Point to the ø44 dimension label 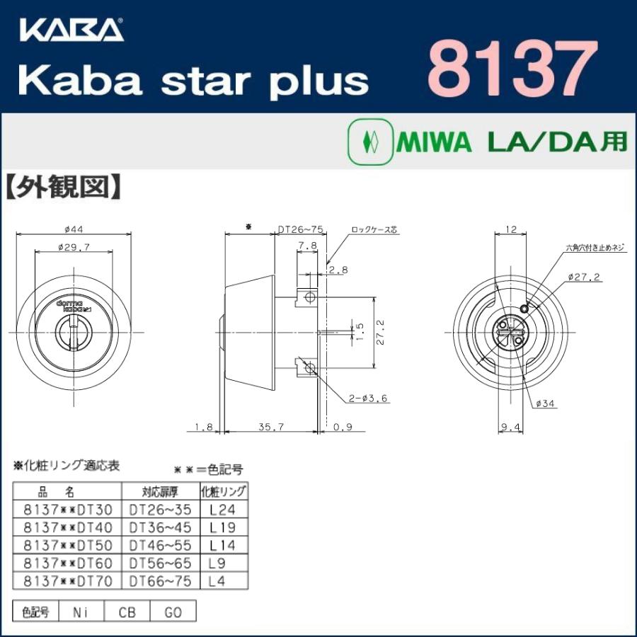click(74, 229)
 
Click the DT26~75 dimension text click(301, 229)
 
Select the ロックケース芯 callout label click(374, 230)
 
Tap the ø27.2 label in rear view click(583, 277)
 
